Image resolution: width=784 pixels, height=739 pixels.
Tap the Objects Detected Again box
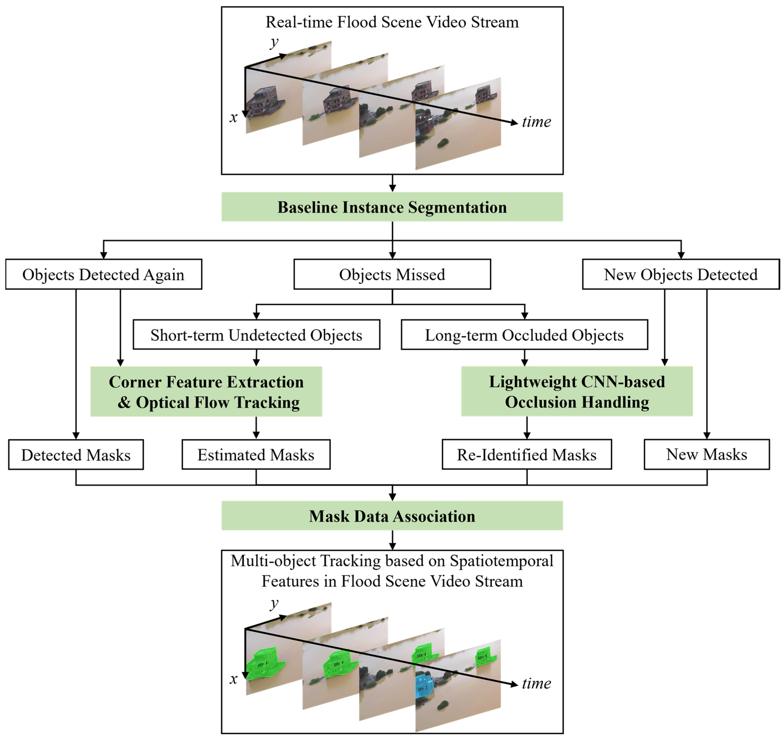pyautogui.click(x=103, y=274)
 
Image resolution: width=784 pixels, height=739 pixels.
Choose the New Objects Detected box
pyautogui.click(x=680, y=274)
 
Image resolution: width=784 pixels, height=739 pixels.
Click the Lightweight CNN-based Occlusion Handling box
pyautogui.click(x=577, y=392)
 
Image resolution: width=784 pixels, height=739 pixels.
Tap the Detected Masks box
pyautogui.click(x=76, y=455)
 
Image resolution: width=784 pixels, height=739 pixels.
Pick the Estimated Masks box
pyautogui.click(x=256, y=455)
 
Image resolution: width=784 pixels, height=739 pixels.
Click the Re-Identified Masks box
pyautogui.click(x=527, y=455)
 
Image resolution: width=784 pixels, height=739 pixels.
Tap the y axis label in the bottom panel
pyautogui.click(x=274, y=603)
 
